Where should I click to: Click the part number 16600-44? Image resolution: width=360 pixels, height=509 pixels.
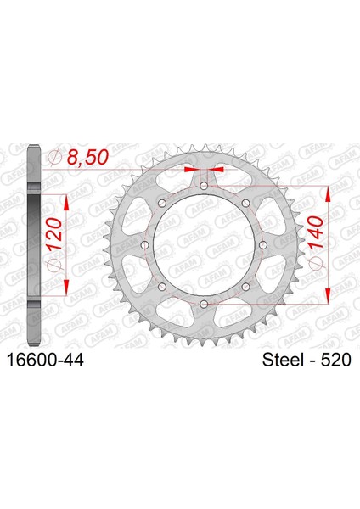pos(45,360)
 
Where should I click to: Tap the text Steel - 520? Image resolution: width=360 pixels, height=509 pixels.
pos(307,360)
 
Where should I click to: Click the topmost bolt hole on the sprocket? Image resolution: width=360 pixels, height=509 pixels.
pos(204,186)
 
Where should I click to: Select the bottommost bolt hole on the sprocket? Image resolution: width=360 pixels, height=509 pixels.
pos(204,304)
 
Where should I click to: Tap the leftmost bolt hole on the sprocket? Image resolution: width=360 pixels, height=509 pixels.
pos(145,245)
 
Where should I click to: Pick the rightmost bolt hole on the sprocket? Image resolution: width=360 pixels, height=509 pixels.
pos(263,245)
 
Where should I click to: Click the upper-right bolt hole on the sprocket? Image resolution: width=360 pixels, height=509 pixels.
pos(246,204)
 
